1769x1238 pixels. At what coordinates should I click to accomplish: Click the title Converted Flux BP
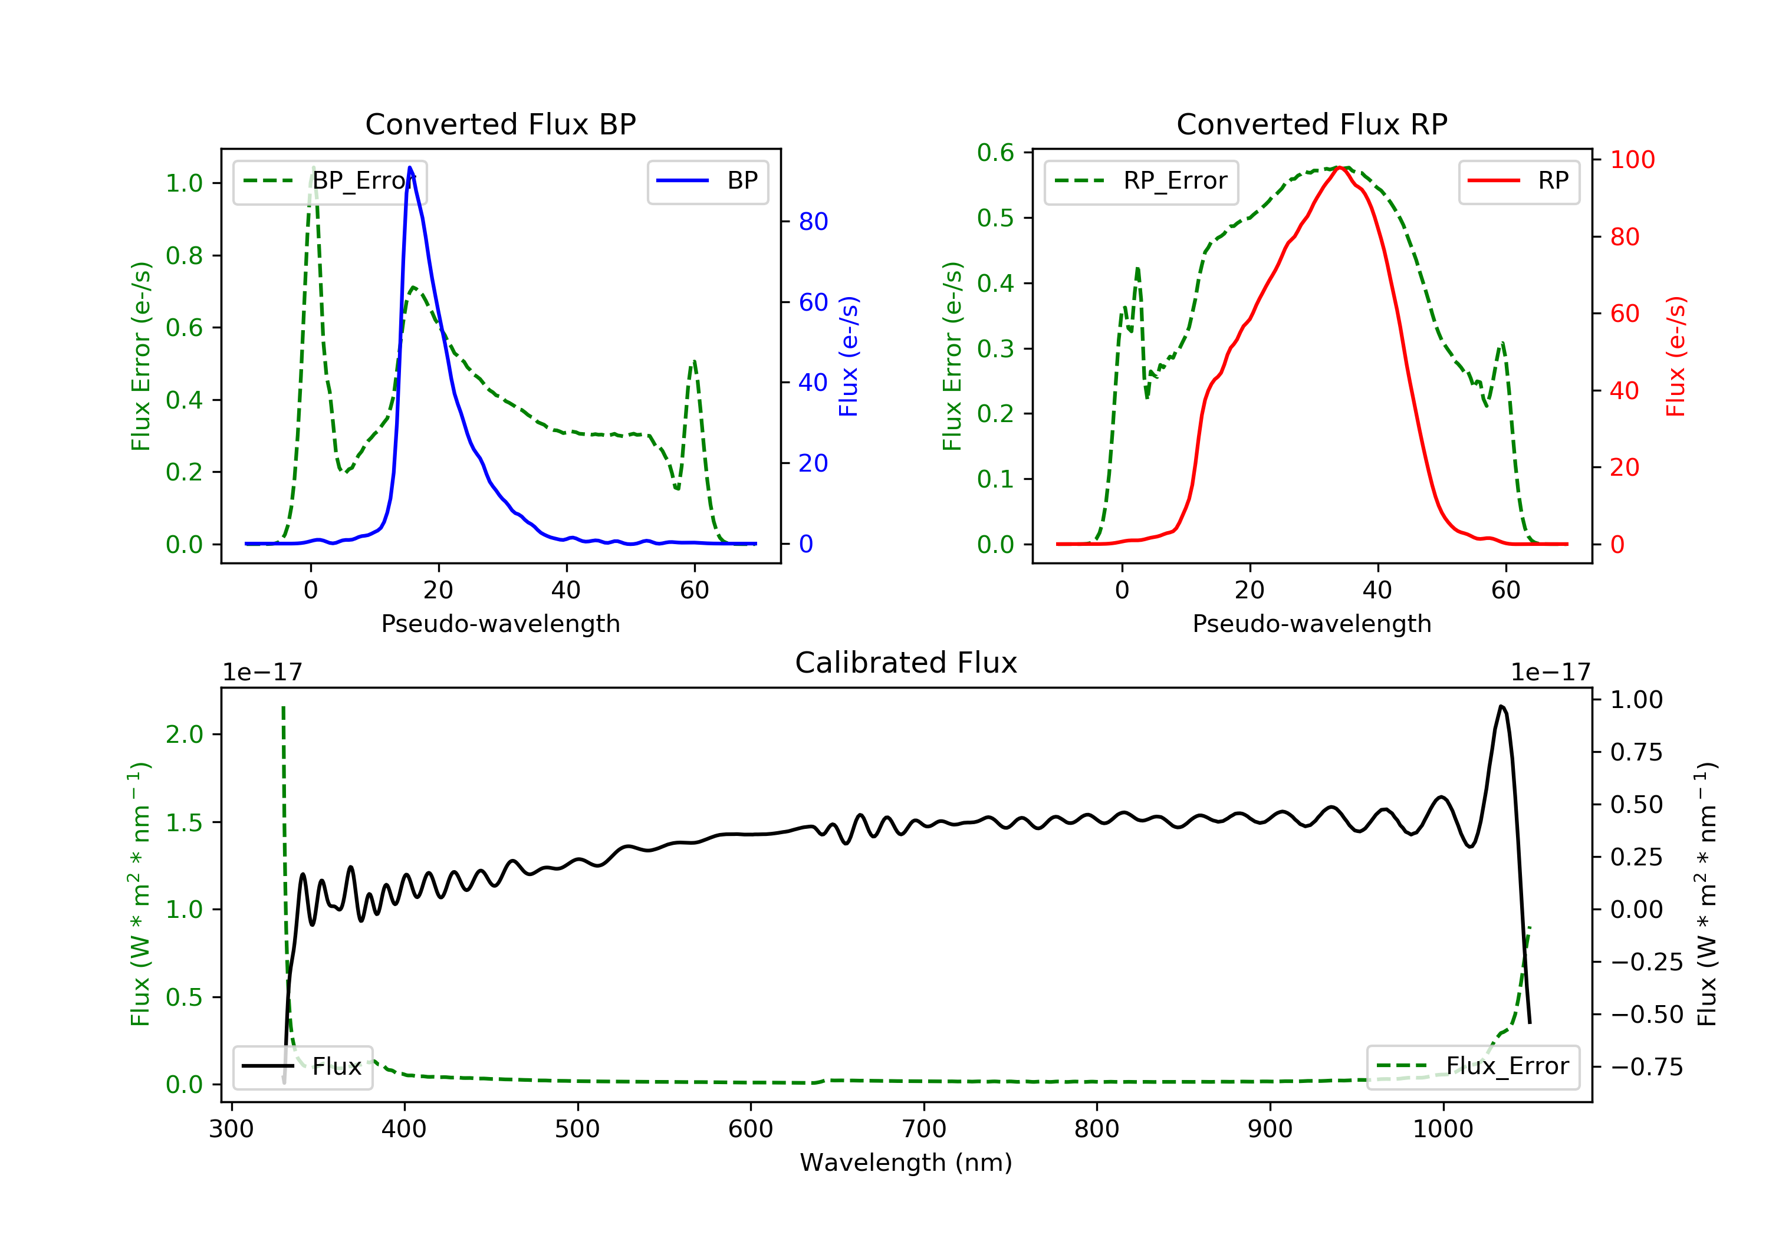[500, 124]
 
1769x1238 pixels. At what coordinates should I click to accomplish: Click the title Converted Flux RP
[1311, 124]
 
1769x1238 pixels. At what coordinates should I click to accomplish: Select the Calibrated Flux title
[906, 663]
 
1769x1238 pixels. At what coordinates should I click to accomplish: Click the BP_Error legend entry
[330, 181]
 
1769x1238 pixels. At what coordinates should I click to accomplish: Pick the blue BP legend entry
[707, 180]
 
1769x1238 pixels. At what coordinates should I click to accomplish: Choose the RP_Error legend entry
[1141, 181]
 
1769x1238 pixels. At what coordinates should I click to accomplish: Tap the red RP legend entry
[1518, 180]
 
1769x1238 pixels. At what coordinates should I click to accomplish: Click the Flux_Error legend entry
[1472, 1066]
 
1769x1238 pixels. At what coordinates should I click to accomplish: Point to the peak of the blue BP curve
[410, 167]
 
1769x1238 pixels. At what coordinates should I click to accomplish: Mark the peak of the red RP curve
[1340, 167]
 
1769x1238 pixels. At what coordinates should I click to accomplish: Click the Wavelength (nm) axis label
[906, 1163]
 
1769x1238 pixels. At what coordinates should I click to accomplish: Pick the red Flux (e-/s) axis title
[1676, 357]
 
